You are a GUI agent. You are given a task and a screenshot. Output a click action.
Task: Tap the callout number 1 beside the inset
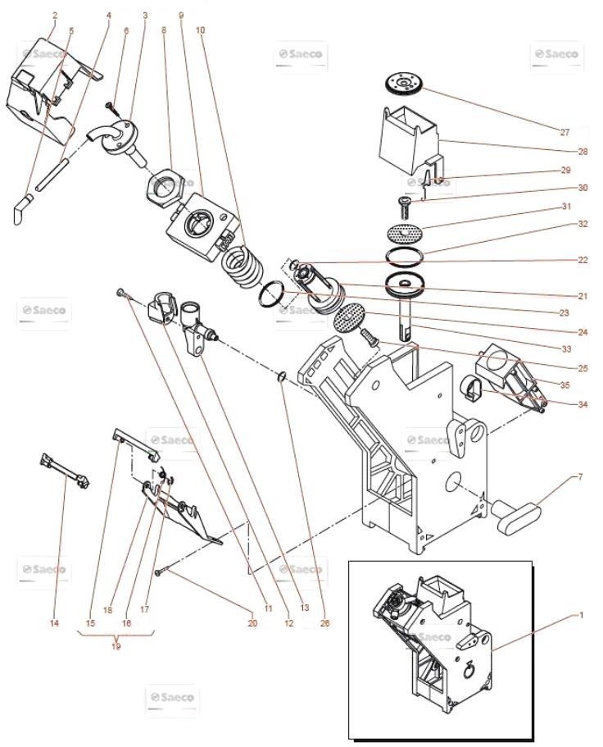coord(581,614)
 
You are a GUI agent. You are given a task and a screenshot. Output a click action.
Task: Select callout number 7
coord(581,476)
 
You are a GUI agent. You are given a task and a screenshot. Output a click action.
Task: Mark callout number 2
coord(54,16)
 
